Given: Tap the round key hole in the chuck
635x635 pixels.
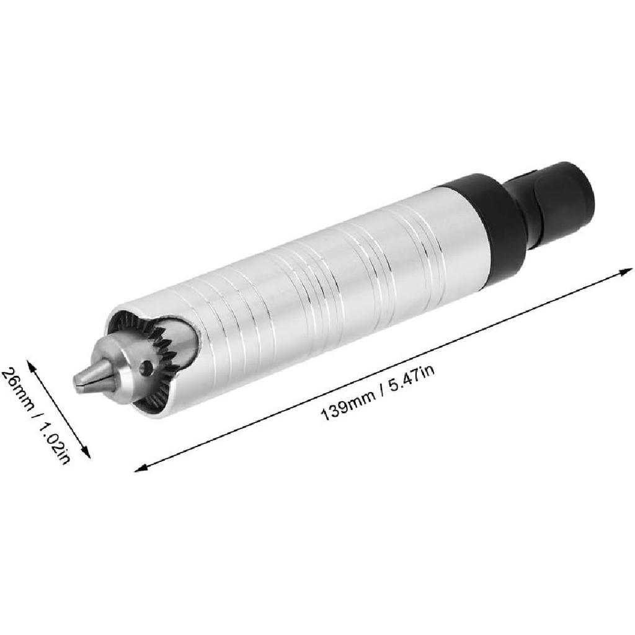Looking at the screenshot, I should click(146, 368).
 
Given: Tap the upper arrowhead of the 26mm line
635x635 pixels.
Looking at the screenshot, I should click(30, 363).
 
